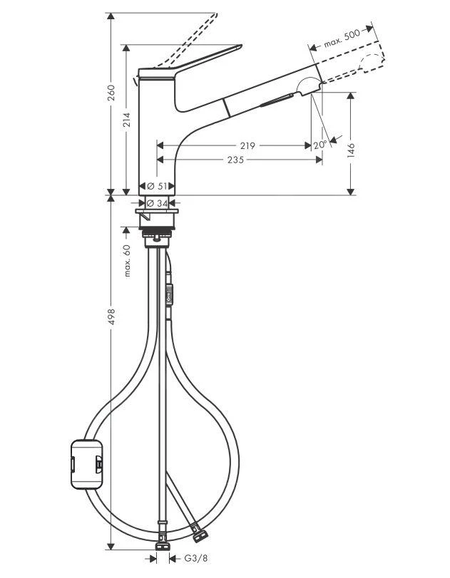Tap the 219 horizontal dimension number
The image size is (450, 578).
tap(247, 145)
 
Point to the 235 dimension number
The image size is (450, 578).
tap(235, 160)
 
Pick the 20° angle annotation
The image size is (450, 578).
tap(319, 145)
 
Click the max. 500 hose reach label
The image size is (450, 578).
tap(342, 39)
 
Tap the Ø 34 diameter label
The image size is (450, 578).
tap(161, 202)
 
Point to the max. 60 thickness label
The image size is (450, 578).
tap(127, 261)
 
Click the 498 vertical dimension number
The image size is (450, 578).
tap(111, 316)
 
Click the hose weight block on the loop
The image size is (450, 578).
tap(86, 464)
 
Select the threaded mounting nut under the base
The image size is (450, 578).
tap(160, 234)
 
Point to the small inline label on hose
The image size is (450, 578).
tap(170, 293)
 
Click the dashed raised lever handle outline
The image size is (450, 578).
tap(193, 36)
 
